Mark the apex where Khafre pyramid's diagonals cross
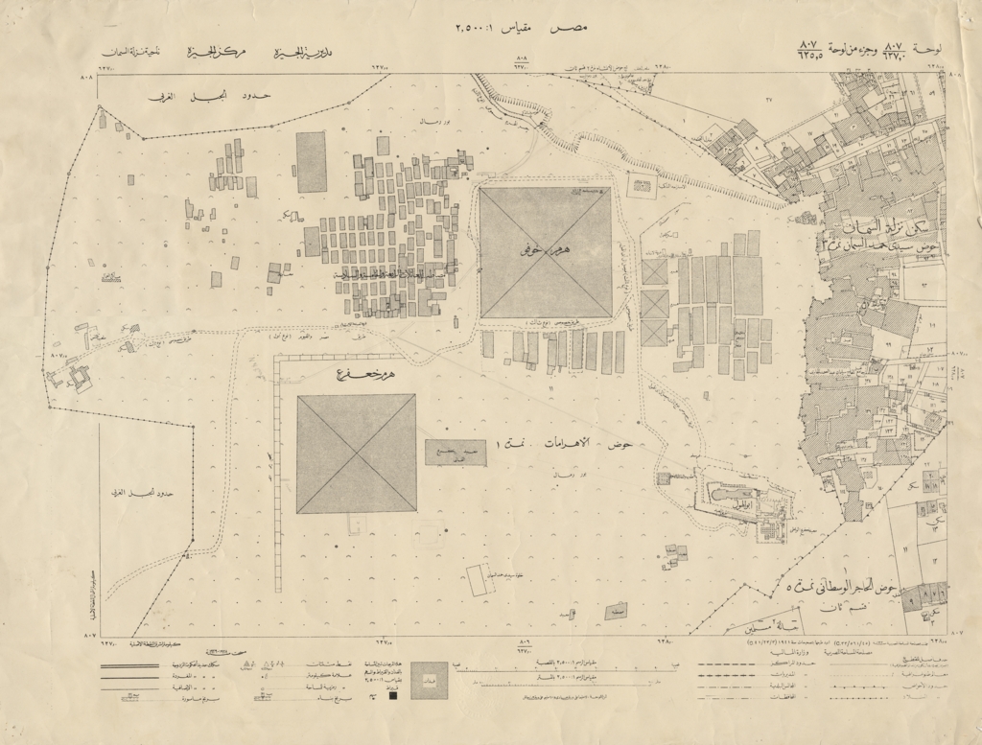356,454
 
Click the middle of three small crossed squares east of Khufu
655,304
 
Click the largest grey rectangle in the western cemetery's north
311,162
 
